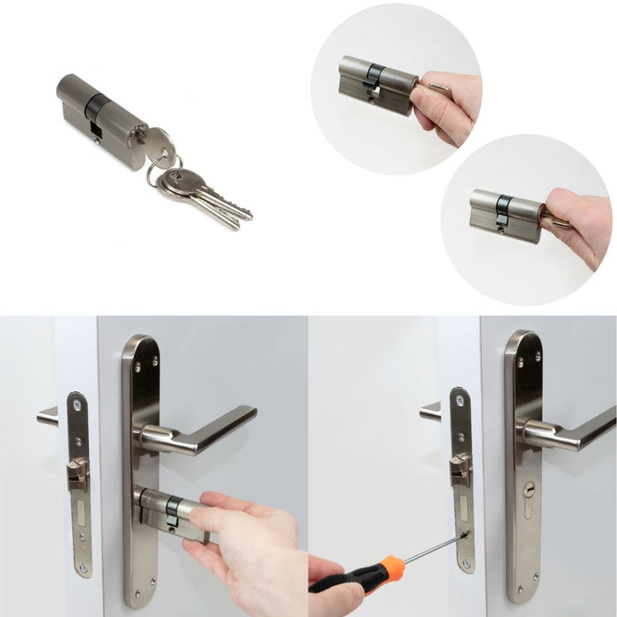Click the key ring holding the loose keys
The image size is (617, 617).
pos(164,167)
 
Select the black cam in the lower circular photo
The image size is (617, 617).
pos(502,208)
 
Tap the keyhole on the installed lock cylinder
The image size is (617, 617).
pos(528,488)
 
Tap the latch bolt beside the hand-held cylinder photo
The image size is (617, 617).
pos(78,473)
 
